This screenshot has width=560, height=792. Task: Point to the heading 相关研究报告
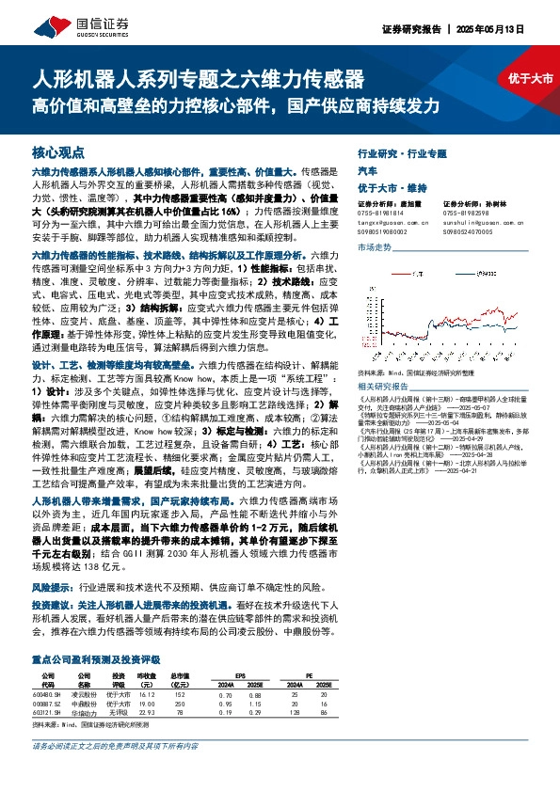tap(383, 386)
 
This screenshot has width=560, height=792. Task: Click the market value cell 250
tap(179, 677)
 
